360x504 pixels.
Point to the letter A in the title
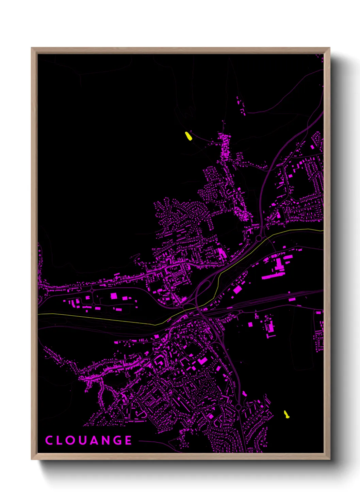tap(94, 440)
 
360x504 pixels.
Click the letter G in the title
tap(117, 440)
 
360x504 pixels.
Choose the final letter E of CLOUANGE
tap(129, 440)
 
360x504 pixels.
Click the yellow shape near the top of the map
tap(188, 136)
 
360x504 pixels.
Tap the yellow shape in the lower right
tap(287, 414)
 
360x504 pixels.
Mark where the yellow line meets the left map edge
tap(38, 314)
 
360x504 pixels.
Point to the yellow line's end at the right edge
tap(323, 231)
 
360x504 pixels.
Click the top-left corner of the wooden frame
tap(32, 48)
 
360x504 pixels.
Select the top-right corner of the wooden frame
tap(329, 48)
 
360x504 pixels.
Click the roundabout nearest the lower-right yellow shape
tap(238, 407)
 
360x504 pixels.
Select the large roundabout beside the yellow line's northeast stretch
tap(259, 238)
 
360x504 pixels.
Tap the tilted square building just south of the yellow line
tap(237, 290)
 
